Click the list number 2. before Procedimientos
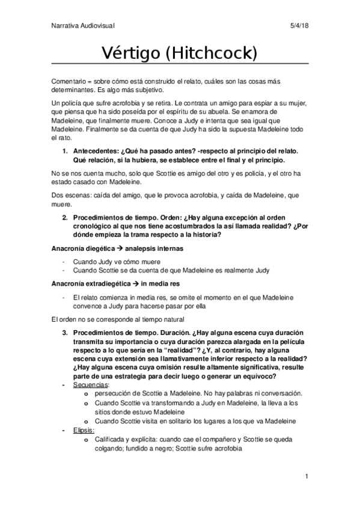point(66,217)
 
